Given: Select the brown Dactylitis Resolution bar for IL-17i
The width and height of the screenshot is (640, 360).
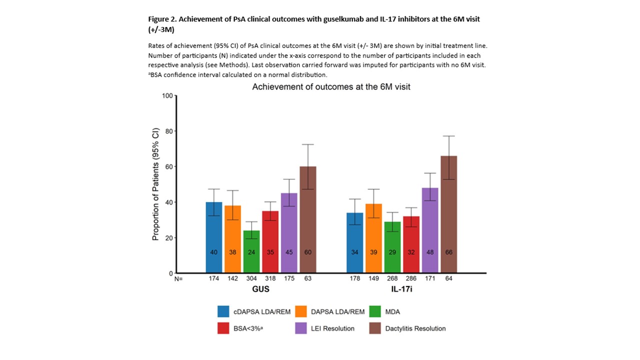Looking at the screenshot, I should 448,215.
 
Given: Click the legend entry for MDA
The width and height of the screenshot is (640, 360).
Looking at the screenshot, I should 393,311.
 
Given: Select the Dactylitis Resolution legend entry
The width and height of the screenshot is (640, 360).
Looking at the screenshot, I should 415,328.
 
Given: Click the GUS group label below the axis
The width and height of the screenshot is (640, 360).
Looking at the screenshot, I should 261,290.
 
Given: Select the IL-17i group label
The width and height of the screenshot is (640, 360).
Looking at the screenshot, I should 401,290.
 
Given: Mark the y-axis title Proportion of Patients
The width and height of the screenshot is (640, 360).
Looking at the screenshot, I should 155,184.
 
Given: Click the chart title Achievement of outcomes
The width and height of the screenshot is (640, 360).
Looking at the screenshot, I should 331,86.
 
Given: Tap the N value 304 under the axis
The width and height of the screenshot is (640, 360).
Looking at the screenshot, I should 251,278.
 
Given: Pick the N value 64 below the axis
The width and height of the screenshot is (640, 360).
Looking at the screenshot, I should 448,278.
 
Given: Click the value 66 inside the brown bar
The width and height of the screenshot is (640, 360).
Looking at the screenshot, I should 448,252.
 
